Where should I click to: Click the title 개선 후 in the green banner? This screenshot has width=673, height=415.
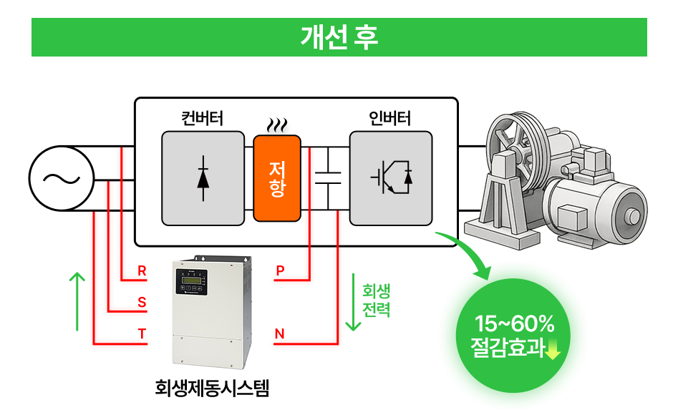coord(339,37)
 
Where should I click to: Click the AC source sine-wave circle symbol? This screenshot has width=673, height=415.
coord(62,179)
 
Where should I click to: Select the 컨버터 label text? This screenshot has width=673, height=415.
coord(201,118)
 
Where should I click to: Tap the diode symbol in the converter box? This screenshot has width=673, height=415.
coord(203,177)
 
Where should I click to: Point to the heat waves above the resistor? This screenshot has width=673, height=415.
coord(278,126)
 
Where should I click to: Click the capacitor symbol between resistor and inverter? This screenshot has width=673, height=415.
coord(328,177)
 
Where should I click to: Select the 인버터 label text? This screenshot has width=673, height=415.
coord(390,118)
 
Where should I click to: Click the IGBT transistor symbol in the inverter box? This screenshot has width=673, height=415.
coord(391,177)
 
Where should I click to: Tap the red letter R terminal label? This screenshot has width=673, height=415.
coord(142,272)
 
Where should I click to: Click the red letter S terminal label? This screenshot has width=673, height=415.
coord(142,303)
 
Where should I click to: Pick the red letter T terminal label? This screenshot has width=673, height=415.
coord(142,334)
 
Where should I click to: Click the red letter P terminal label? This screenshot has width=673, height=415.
coord(280,272)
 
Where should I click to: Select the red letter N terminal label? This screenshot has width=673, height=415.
coord(280,334)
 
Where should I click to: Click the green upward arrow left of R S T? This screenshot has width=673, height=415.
coord(77,301)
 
